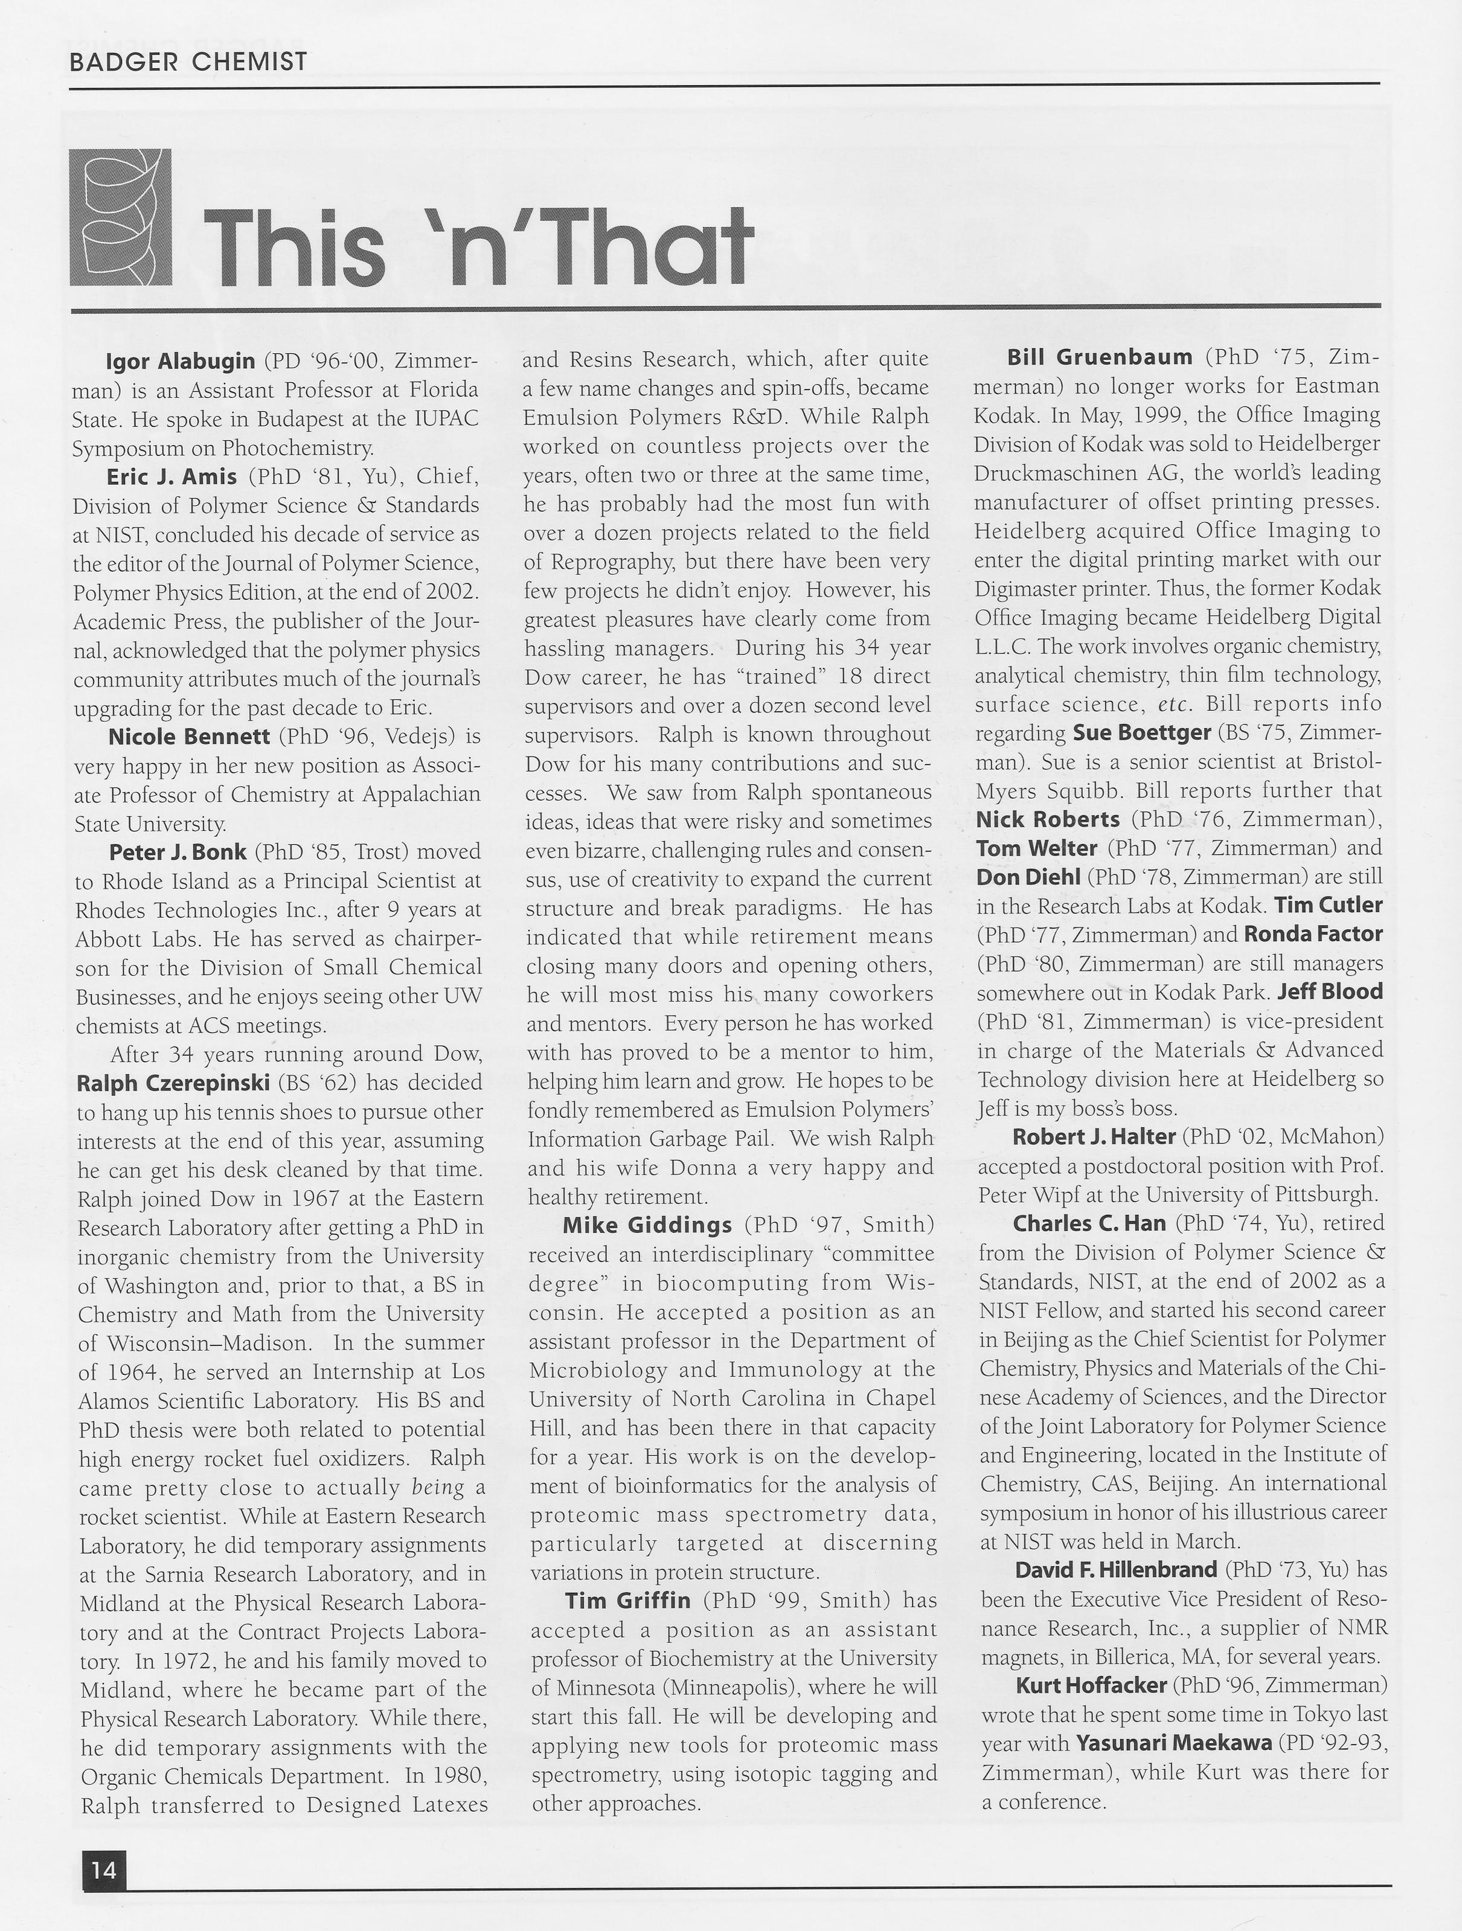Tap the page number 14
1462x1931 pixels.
coord(103,1870)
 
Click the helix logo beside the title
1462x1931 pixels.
coord(120,217)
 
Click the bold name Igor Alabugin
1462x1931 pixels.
coord(180,360)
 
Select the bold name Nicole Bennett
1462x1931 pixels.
coord(188,737)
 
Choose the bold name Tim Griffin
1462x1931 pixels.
coord(627,1600)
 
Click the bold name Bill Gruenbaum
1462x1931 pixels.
coord(1099,357)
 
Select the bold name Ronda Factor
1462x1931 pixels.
coord(1313,934)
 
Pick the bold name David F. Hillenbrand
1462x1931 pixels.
coord(1115,1569)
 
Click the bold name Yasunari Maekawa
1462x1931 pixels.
coord(1173,1743)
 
